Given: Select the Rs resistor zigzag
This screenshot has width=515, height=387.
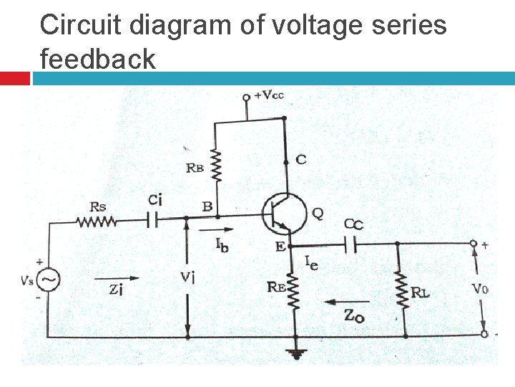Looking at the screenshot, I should (x=97, y=221).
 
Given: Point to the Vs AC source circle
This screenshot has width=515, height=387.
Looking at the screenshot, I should (x=48, y=280).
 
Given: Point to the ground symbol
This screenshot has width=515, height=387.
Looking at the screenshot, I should (x=295, y=353).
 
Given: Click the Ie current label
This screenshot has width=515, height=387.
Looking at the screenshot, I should (x=312, y=263).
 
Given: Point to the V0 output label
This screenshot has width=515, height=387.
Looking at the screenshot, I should (x=480, y=290).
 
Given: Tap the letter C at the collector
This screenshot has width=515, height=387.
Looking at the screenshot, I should (x=301, y=159).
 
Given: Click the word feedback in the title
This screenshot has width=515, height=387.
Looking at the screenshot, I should (x=98, y=58).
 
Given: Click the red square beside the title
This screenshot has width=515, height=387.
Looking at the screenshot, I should (x=14, y=78).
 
